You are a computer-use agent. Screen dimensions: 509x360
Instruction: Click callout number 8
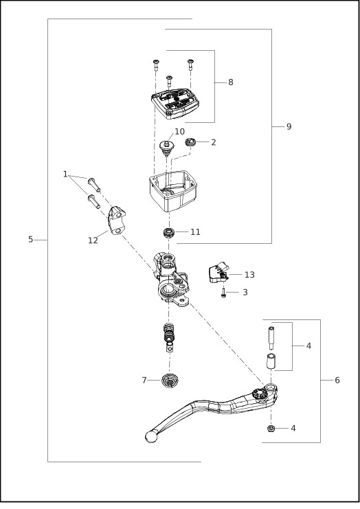coord(230,82)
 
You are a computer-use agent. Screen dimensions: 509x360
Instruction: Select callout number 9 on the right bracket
coord(289,126)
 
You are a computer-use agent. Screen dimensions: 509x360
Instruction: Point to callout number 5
coord(30,239)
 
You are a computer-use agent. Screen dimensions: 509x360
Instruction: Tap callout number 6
coord(337,380)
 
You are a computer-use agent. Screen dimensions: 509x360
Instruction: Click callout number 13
coord(249,275)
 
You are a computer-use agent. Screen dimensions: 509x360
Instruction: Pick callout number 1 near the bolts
coord(66,174)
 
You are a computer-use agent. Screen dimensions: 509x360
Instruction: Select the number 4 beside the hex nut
coord(293,428)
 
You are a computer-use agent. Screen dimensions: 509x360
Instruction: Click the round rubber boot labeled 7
coord(168,380)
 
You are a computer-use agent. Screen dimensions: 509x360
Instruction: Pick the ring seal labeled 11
coord(167,233)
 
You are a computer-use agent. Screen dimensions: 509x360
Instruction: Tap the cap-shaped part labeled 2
coord(192,143)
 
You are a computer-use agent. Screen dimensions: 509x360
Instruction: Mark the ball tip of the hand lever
coord(149,436)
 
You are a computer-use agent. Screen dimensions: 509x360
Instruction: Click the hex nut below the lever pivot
coord(271,429)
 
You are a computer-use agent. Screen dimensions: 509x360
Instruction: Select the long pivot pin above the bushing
coord(271,337)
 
